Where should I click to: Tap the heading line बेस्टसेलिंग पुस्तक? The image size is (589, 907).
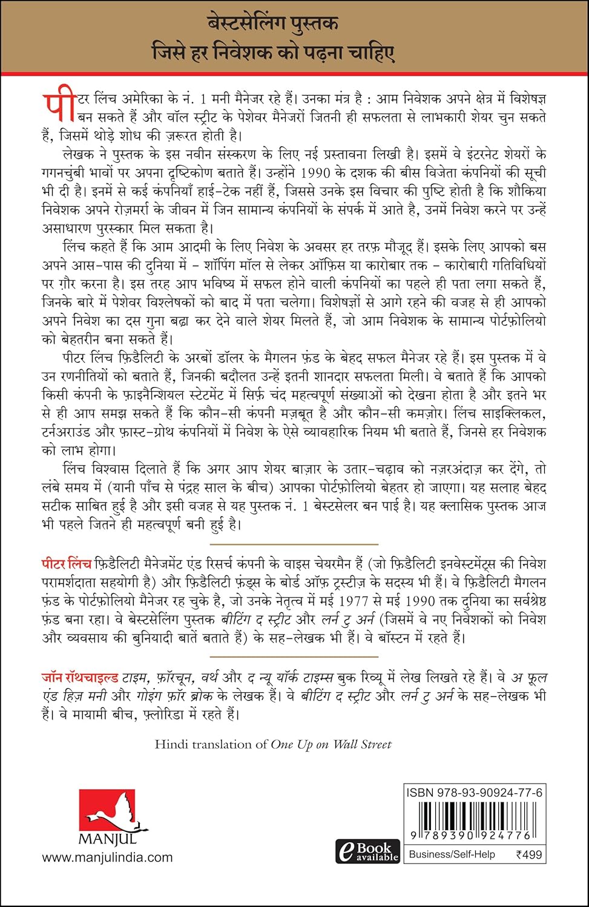[x=294, y=25]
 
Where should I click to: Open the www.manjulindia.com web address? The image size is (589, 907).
[x=107, y=857]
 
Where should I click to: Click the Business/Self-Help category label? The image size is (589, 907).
[x=452, y=854]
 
